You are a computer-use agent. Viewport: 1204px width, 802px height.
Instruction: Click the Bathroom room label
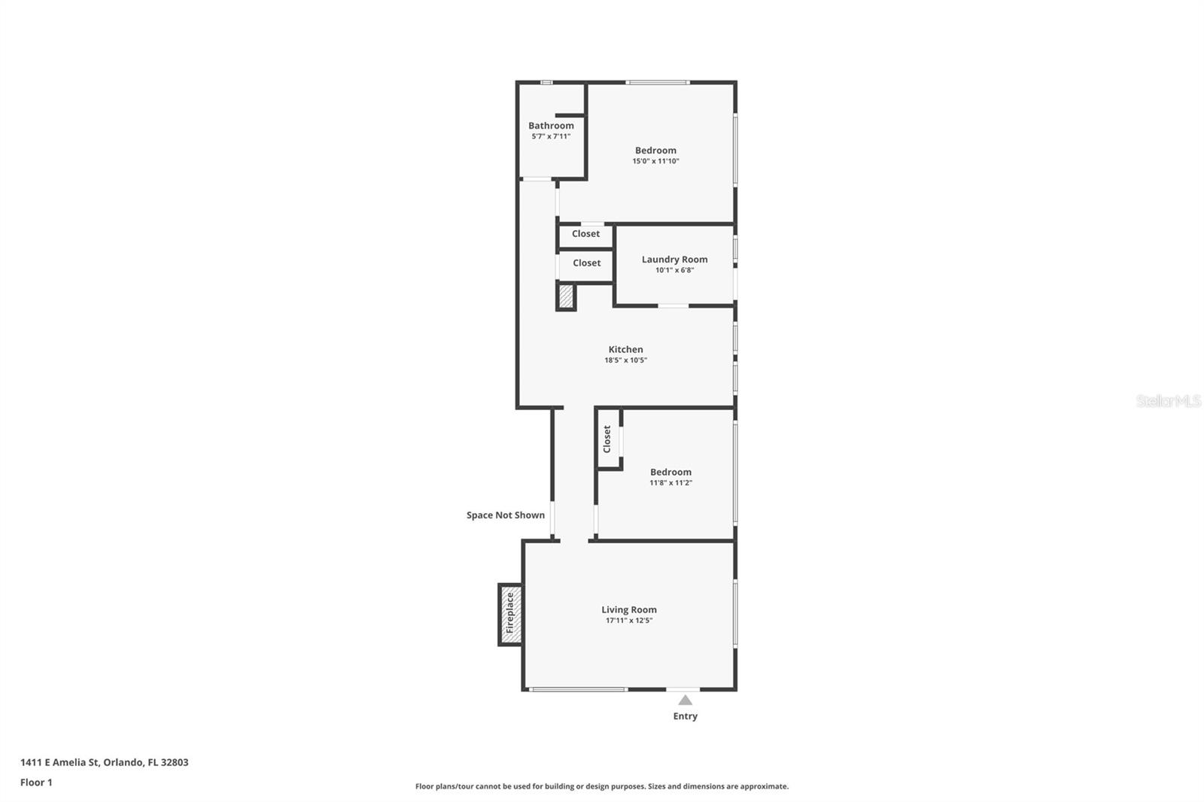(x=551, y=126)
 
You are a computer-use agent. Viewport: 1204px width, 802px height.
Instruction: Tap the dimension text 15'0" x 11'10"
(x=655, y=161)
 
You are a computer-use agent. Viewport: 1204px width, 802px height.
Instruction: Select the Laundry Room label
(x=674, y=260)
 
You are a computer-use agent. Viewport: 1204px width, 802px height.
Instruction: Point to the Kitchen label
(x=625, y=349)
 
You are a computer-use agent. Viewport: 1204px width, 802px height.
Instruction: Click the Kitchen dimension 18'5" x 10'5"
(x=625, y=360)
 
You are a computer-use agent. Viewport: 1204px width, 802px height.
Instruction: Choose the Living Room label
(x=629, y=609)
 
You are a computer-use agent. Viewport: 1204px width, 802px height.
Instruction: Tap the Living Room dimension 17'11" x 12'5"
(x=629, y=621)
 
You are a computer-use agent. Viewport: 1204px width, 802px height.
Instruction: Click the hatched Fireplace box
(x=510, y=614)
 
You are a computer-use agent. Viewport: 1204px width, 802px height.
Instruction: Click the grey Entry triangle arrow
(x=685, y=700)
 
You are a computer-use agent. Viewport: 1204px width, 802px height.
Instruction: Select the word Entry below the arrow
(x=685, y=716)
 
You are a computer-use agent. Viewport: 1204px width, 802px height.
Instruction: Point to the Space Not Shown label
(x=505, y=515)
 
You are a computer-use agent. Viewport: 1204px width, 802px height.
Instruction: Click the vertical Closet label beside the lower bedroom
(x=607, y=439)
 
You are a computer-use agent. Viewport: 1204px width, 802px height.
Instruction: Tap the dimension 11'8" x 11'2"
(x=670, y=483)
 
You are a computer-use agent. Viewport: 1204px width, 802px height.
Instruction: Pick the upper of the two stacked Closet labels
(x=585, y=234)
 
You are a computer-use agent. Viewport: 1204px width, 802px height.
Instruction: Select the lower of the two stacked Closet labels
(x=586, y=263)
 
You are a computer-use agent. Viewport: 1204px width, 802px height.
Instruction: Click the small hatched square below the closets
(x=566, y=296)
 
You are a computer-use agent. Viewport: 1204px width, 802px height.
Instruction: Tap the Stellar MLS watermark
(x=1168, y=401)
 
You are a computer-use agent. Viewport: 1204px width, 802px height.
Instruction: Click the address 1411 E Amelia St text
(x=104, y=762)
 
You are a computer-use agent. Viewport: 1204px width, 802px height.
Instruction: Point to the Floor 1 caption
(x=36, y=782)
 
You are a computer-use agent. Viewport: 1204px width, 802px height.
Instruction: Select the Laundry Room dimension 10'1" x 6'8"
(x=674, y=270)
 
